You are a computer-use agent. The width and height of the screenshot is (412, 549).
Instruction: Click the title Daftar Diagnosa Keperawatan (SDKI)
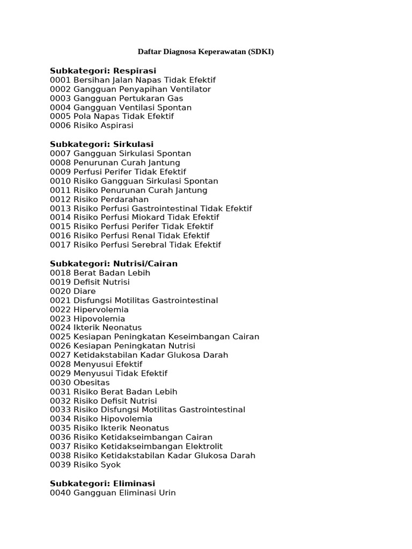coord(206,52)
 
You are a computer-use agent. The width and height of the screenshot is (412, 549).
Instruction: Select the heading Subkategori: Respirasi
coord(103,71)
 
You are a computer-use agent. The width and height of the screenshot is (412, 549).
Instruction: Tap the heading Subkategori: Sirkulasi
coord(102,144)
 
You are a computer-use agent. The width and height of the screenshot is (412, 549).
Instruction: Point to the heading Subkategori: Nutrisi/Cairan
coord(114,264)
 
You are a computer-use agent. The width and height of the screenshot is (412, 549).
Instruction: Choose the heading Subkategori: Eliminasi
coord(102,483)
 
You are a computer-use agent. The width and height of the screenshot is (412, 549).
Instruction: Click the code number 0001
coord(60,80)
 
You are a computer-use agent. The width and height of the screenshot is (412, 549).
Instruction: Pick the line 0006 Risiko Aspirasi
coord(92,125)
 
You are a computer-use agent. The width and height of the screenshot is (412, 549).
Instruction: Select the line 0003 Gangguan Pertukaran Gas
coord(116,98)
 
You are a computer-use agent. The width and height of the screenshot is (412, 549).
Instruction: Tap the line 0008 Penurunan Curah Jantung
coord(115,162)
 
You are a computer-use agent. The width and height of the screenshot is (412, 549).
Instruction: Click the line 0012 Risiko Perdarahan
coord(99,199)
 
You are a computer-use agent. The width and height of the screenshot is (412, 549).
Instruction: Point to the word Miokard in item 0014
coord(149,218)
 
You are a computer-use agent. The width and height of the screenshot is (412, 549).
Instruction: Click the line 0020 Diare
coord(73,291)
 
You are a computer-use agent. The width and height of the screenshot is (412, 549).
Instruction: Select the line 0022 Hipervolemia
coord(89,309)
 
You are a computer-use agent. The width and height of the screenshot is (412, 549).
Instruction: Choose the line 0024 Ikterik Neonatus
coord(96,328)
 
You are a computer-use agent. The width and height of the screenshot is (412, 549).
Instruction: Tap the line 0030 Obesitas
coord(80,382)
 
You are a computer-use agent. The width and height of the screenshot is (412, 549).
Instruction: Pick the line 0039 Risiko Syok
coord(85,464)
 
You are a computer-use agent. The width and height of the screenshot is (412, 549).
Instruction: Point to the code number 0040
coord(60,492)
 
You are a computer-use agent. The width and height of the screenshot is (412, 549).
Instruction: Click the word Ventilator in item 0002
coord(190,89)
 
